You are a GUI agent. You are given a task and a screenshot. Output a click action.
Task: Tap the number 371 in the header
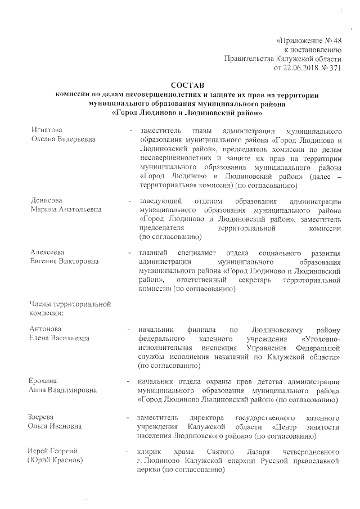point(335,68)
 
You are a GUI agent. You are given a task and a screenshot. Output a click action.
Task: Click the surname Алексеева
point(47,252)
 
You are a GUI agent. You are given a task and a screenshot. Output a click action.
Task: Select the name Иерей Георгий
point(52,452)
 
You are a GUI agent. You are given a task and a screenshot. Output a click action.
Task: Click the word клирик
point(150,452)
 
